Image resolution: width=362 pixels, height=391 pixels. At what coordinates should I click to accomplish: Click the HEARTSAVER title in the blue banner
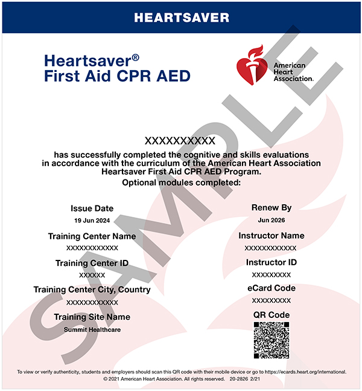point(181,17)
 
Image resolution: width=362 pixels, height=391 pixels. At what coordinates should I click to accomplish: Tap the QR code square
point(271,341)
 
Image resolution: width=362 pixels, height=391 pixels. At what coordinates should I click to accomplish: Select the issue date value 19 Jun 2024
point(92,221)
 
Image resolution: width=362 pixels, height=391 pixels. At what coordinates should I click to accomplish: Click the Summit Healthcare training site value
point(92,329)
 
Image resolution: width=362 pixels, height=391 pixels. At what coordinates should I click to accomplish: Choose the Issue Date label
point(92,208)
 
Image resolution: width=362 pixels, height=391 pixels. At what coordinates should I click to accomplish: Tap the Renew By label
point(271,207)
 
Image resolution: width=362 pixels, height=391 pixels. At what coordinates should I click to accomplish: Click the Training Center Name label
point(92,236)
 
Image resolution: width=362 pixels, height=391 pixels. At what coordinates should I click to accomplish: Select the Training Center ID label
point(92,263)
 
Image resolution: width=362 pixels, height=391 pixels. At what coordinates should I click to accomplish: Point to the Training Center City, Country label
point(92,290)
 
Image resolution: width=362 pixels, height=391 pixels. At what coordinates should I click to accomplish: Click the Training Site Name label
point(92,317)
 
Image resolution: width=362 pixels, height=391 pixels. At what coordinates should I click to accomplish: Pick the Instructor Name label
point(271,236)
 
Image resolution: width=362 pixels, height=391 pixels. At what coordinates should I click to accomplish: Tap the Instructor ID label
point(271,262)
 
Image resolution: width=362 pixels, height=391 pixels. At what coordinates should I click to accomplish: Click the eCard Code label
point(271,288)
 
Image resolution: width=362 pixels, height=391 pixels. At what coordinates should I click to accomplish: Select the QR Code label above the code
point(271,315)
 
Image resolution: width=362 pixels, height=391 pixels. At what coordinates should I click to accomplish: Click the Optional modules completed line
point(181,183)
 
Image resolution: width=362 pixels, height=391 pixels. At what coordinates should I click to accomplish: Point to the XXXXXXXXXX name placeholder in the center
point(181,141)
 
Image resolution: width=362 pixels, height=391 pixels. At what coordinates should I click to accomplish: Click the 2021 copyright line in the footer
point(181,379)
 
